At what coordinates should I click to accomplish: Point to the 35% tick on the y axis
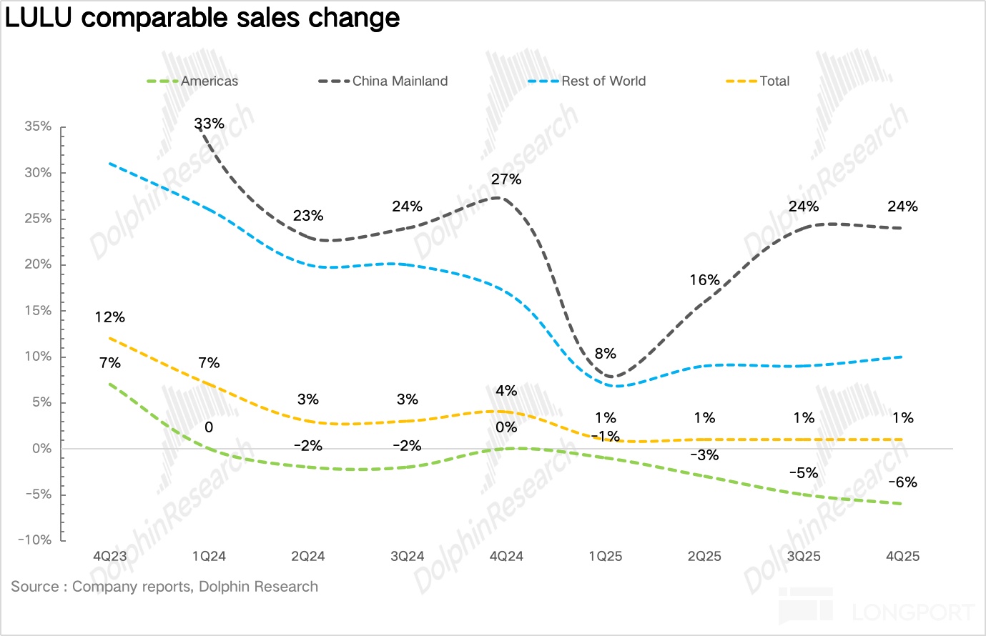click(38, 126)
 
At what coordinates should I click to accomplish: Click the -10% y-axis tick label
click(35, 540)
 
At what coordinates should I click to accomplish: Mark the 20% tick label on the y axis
click(38, 264)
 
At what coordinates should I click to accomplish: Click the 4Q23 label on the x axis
click(110, 556)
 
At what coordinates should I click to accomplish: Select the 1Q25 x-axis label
click(606, 556)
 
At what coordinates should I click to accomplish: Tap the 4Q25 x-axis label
click(902, 556)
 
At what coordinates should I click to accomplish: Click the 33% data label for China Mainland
click(209, 124)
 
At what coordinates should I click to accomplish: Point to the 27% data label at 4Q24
click(506, 179)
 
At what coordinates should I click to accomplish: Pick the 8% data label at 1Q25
click(606, 354)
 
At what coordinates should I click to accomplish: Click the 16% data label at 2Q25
click(704, 280)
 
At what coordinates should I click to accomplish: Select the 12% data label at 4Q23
click(110, 317)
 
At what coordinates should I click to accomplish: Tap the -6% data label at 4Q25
click(902, 482)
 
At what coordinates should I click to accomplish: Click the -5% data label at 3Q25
click(804, 473)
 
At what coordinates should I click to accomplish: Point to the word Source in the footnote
click(35, 587)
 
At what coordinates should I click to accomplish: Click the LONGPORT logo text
click(914, 612)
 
